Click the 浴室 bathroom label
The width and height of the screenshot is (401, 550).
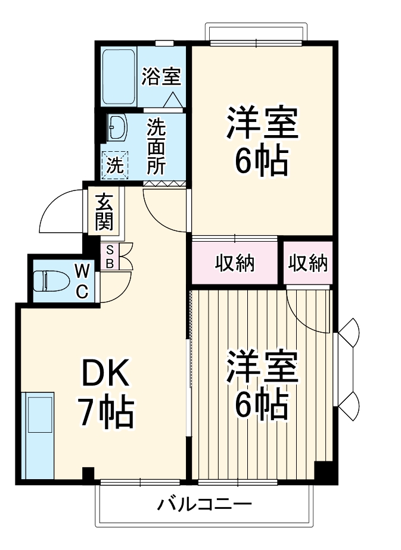click(x=161, y=77)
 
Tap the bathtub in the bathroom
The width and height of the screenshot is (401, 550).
click(x=119, y=76)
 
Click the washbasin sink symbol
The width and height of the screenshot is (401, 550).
click(x=116, y=127)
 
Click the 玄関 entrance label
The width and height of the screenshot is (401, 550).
click(x=103, y=212)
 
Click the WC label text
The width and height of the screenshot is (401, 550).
click(x=82, y=282)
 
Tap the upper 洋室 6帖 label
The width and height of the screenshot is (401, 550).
click(x=260, y=140)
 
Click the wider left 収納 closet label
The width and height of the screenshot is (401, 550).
click(x=235, y=262)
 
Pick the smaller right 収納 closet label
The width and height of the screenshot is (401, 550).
click(x=308, y=262)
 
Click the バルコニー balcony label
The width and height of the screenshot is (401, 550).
click(x=204, y=505)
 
